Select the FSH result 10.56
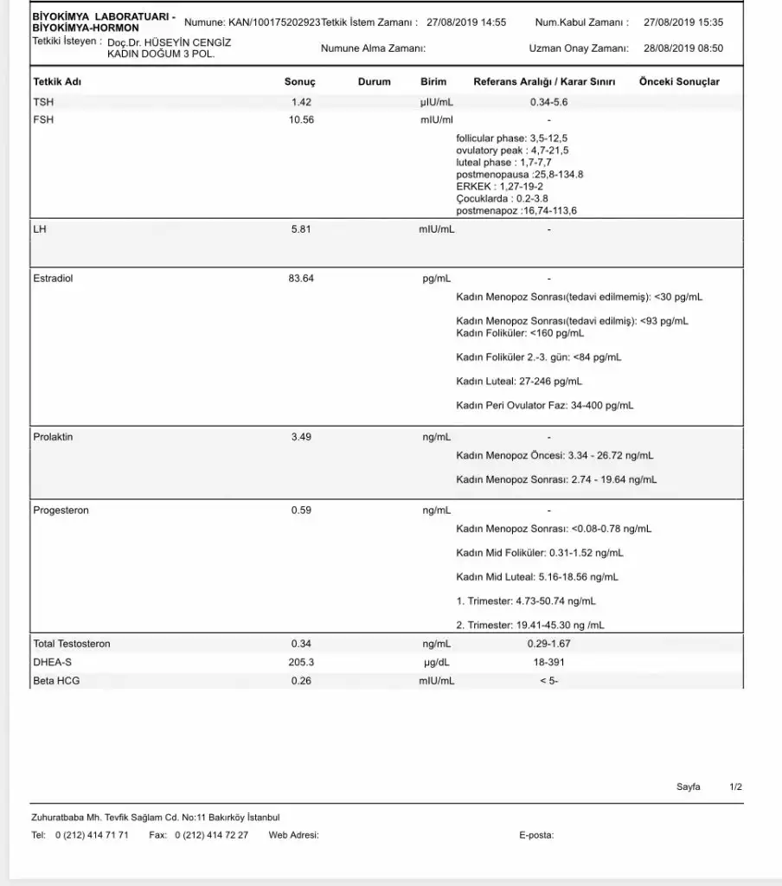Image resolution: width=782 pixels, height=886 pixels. (301, 119)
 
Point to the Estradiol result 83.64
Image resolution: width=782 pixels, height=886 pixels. (301, 279)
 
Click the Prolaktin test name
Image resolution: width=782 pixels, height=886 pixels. (53, 437)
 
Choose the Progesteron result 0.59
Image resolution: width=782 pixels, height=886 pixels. (301, 510)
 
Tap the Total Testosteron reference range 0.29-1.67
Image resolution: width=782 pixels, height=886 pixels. (548, 644)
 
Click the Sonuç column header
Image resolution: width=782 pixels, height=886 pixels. (299, 82)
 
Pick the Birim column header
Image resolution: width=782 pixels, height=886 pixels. (433, 82)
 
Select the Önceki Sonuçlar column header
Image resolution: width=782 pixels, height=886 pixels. (679, 82)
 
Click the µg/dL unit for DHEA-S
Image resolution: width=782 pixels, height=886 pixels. (436, 662)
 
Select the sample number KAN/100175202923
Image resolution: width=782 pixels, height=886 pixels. (274, 22)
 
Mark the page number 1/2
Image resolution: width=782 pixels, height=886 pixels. (736, 786)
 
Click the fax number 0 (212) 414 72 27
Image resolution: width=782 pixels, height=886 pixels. (211, 835)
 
